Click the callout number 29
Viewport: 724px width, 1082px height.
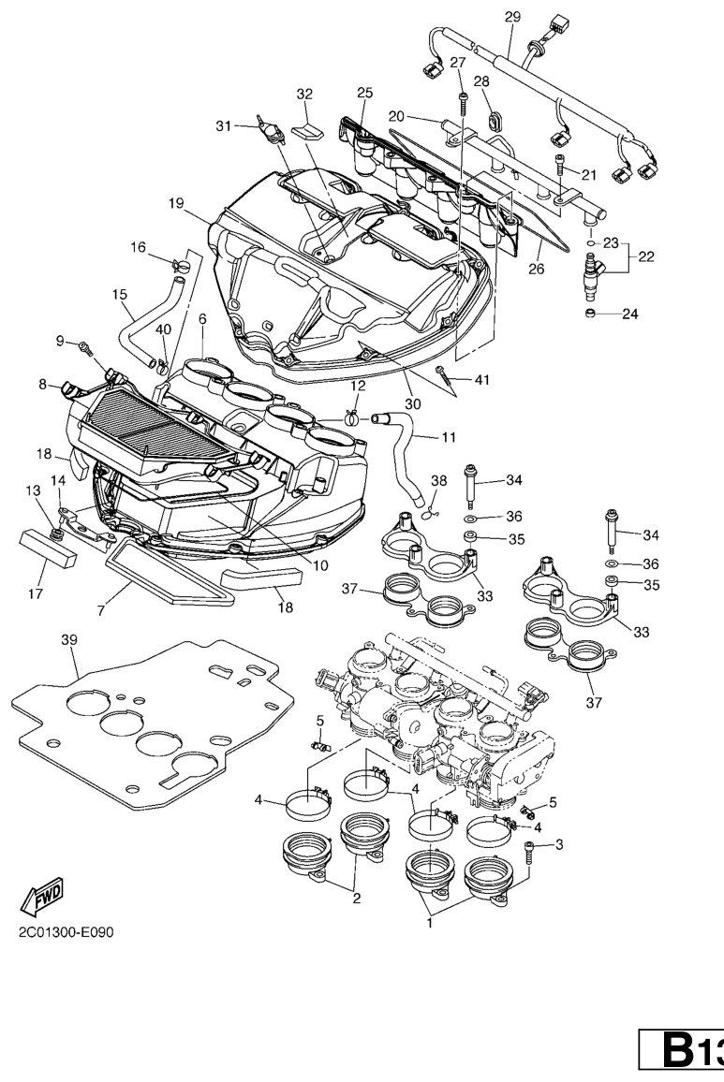point(511,16)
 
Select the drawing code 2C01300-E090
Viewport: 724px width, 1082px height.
point(62,932)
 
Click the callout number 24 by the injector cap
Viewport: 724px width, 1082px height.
point(630,314)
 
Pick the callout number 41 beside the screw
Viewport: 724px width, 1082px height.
point(482,380)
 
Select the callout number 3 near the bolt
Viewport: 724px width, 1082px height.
point(559,845)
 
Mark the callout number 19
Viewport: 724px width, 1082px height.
point(176,202)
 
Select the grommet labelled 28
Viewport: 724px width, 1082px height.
point(493,122)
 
